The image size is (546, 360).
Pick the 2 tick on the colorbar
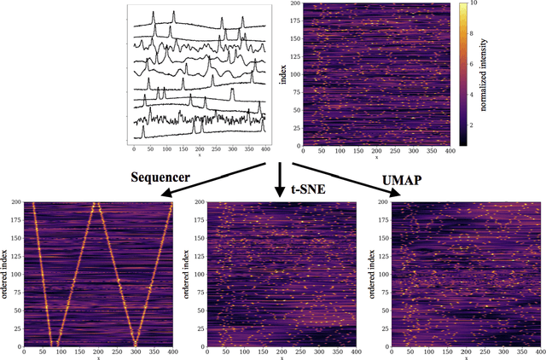(477, 124)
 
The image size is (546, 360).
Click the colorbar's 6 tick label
(477, 64)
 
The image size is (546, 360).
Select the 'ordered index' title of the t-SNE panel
(187, 275)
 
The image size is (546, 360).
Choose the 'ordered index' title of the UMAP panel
(369, 275)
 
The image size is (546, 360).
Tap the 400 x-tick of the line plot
(266, 148)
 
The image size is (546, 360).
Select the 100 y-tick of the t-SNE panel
(197, 275)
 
